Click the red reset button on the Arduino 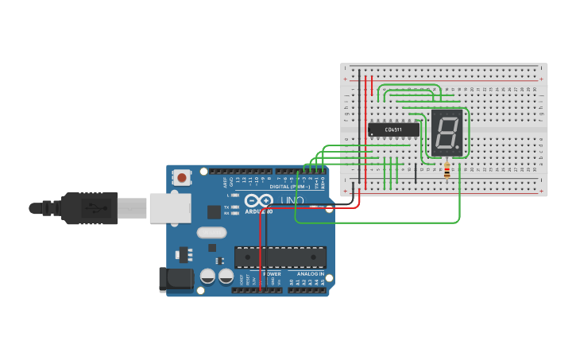(182, 178)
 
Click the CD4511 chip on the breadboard (393, 130)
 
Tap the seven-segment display (446, 132)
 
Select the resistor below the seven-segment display (446, 170)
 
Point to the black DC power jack (176, 279)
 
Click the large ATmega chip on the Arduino (280, 257)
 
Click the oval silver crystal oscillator (211, 233)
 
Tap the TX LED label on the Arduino (226, 207)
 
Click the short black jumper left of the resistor (415, 173)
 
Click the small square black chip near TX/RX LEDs (214, 211)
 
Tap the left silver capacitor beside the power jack (207, 276)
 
